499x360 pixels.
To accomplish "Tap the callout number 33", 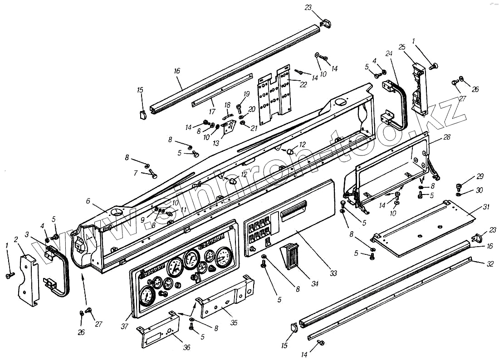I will pos(333,273).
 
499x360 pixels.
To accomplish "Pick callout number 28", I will pos(447,137).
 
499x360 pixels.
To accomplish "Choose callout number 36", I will pos(186,347).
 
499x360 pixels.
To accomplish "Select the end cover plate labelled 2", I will pos(28,281).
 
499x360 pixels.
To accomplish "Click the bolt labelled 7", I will pos(153,175).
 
